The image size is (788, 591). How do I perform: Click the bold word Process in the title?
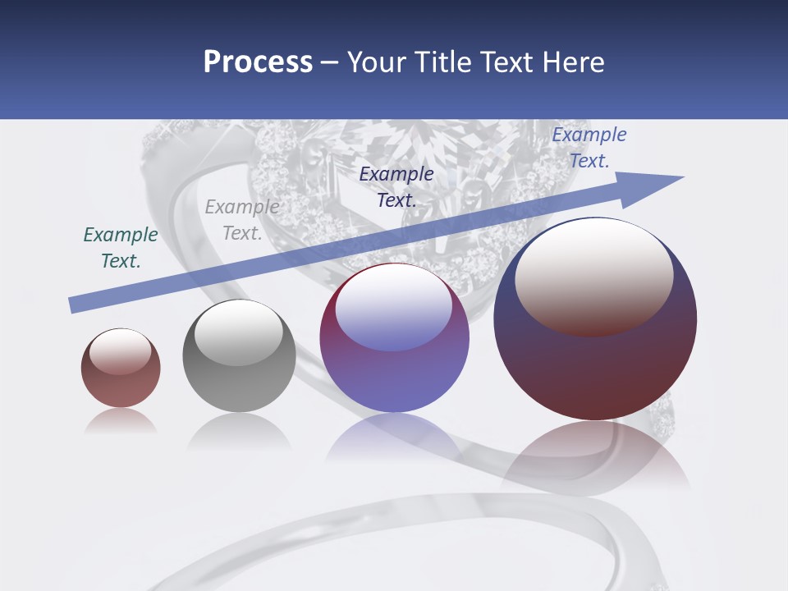pos(258,62)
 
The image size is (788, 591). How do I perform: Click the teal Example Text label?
pos(121,247)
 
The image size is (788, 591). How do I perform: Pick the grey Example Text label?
pos(242,220)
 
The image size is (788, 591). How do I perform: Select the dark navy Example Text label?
pos(396,186)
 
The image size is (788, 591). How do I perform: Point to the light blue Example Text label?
pos(589,148)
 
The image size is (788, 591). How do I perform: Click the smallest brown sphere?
pos(121,386)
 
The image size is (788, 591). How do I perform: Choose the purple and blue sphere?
pos(394,378)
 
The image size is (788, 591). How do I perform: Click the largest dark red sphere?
pos(595,369)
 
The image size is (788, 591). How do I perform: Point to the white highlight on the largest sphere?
pos(593,275)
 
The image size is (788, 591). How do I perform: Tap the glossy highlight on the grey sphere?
pos(239,332)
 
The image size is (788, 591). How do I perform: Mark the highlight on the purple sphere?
pos(394,308)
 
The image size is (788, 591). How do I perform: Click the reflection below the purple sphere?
pos(394,439)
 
